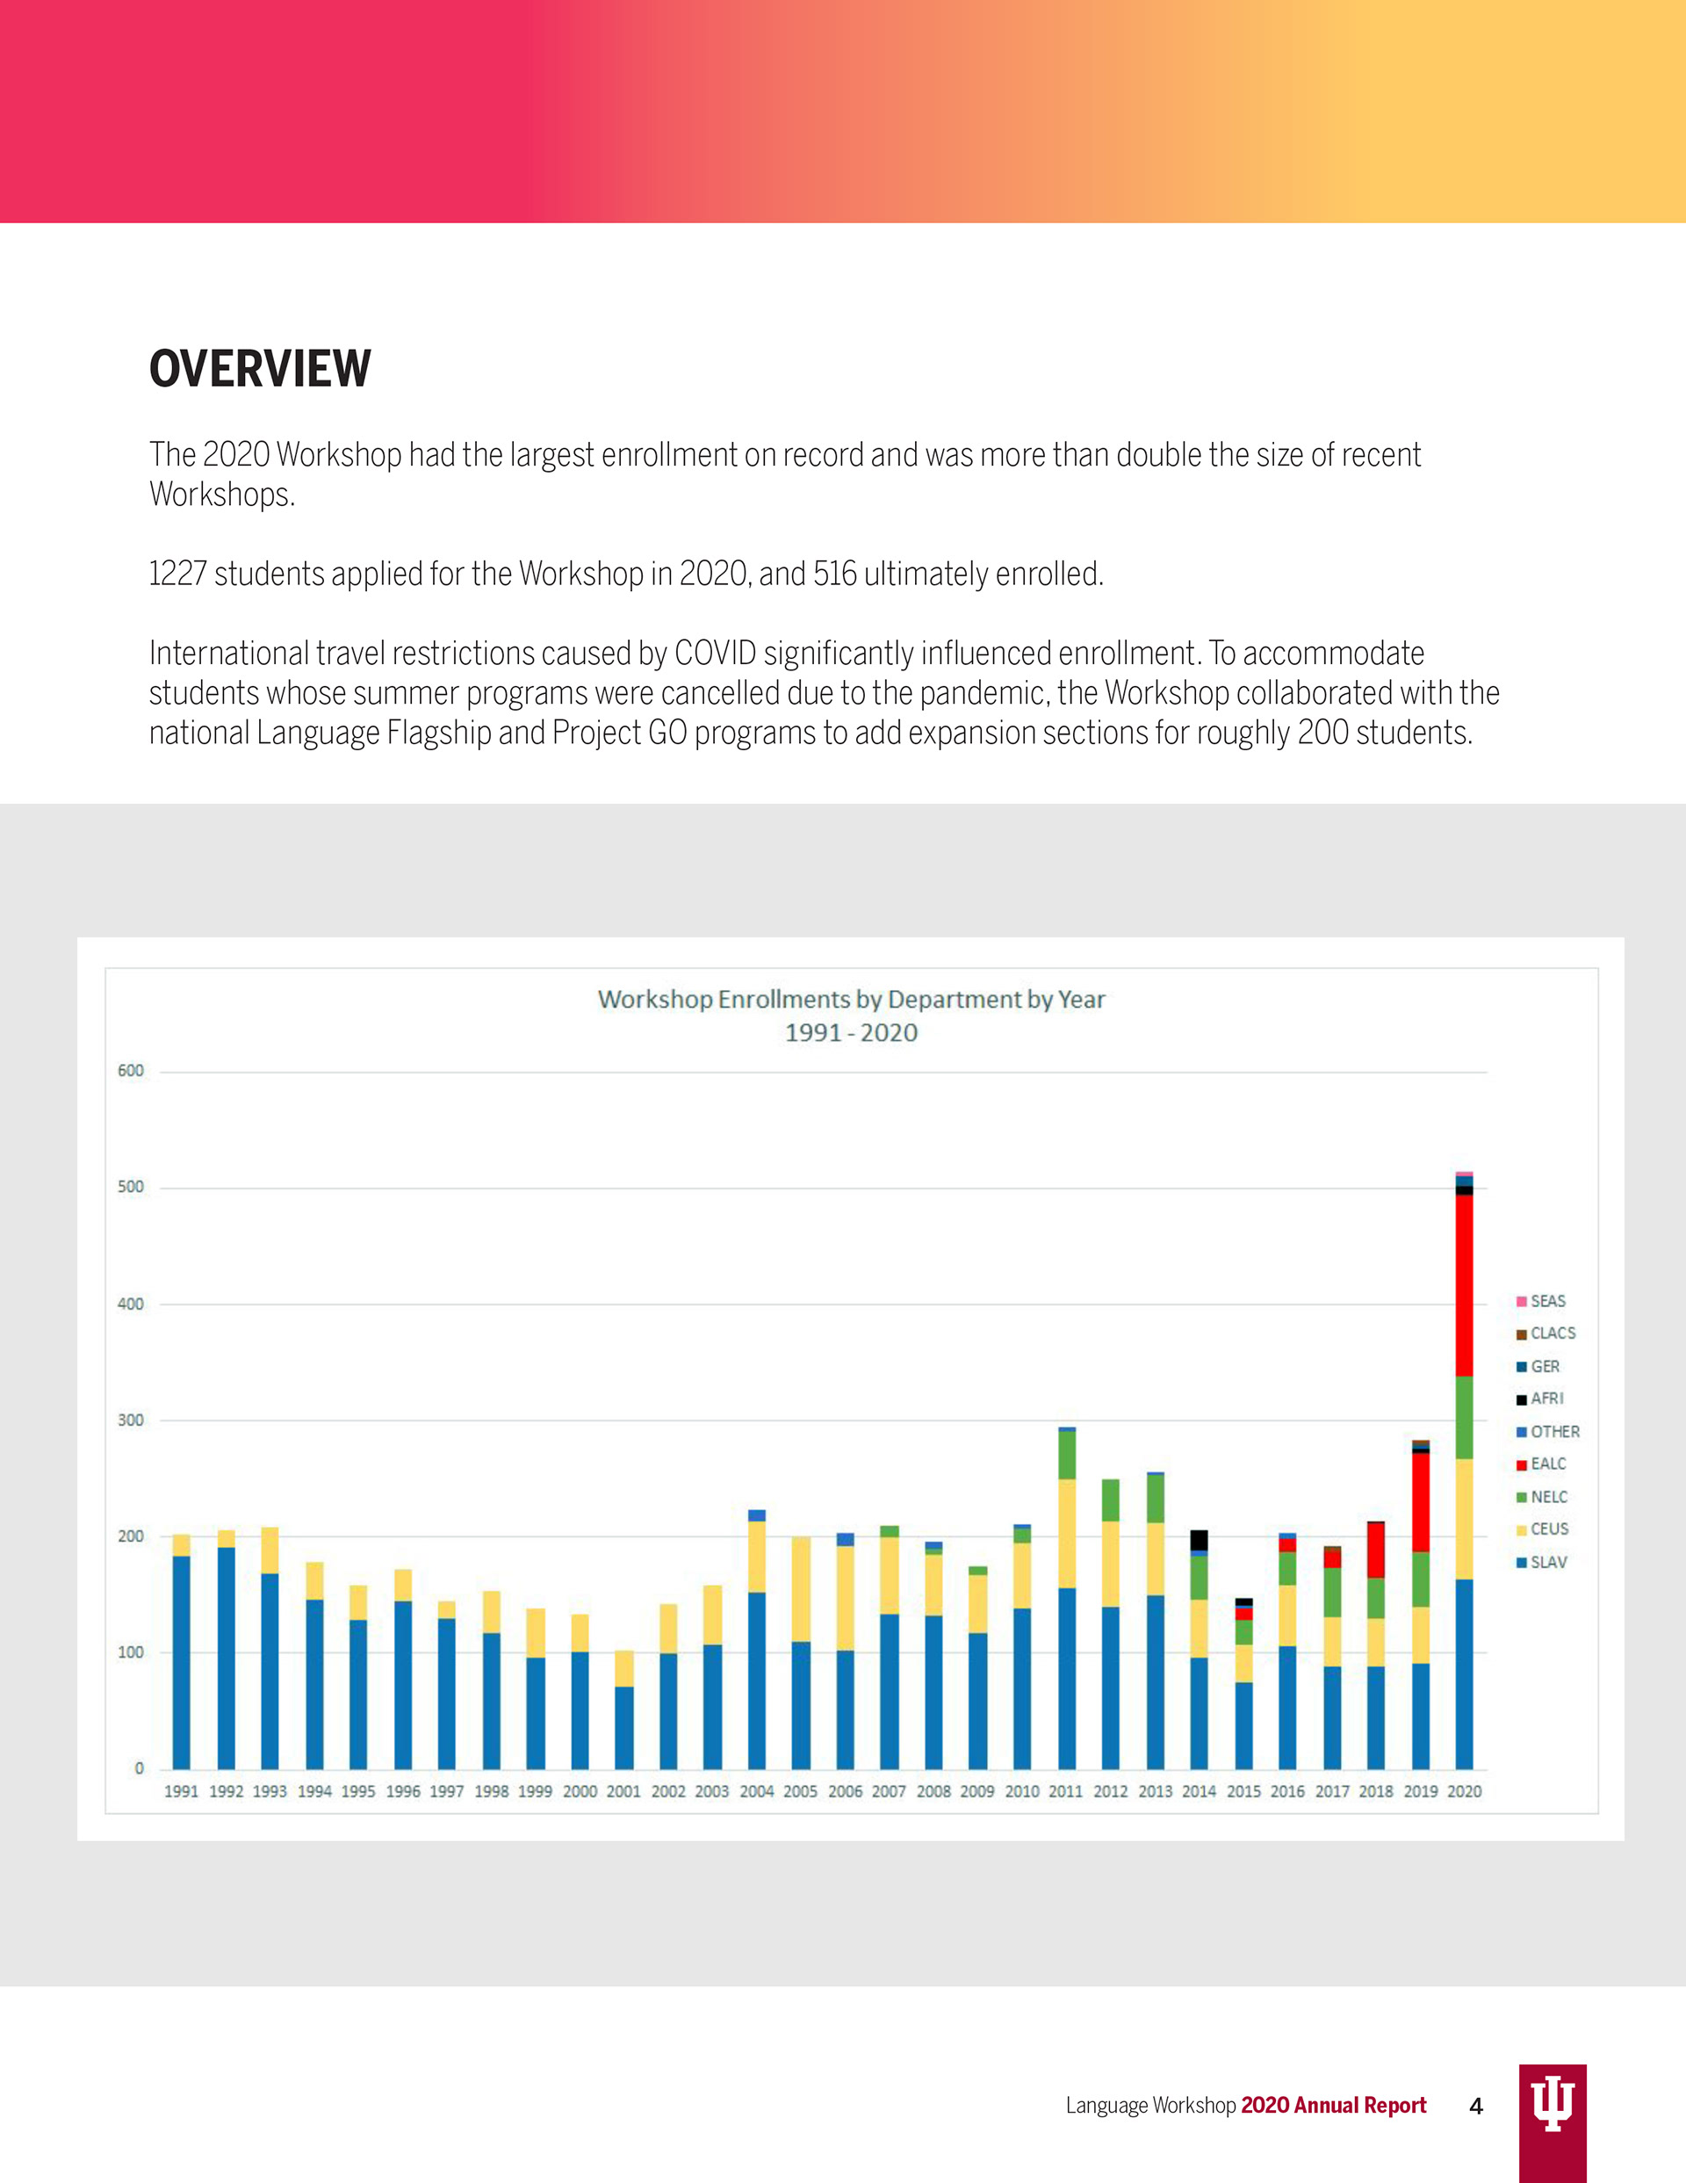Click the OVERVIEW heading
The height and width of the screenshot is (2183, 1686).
click(x=260, y=369)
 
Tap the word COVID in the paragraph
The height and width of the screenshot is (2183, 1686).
click(x=716, y=654)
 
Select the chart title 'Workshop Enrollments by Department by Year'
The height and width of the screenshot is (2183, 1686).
click(x=852, y=1000)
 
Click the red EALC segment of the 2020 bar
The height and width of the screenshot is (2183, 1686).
click(x=1464, y=1285)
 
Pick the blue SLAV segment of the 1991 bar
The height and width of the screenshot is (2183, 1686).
click(x=181, y=1662)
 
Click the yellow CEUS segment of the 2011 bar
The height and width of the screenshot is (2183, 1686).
click(x=1066, y=1533)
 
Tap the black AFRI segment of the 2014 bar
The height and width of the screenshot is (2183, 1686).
click(x=1200, y=1540)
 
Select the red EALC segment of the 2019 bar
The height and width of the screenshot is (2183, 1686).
click(x=1420, y=1502)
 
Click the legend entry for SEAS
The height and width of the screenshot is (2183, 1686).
click(x=1541, y=1301)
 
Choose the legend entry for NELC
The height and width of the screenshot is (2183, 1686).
click(x=1542, y=1497)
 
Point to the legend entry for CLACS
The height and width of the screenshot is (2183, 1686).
click(x=1546, y=1334)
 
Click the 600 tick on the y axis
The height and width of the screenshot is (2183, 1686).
click(x=131, y=1071)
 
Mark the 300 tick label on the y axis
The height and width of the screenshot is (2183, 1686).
click(x=131, y=1420)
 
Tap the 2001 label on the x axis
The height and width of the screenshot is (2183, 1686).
click(x=623, y=1791)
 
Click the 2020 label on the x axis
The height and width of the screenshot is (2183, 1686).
click(x=1464, y=1791)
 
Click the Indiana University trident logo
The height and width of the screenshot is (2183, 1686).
click(x=1553, y=2110)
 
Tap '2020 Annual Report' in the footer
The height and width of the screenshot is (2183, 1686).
click(x=1333, y=2105)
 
